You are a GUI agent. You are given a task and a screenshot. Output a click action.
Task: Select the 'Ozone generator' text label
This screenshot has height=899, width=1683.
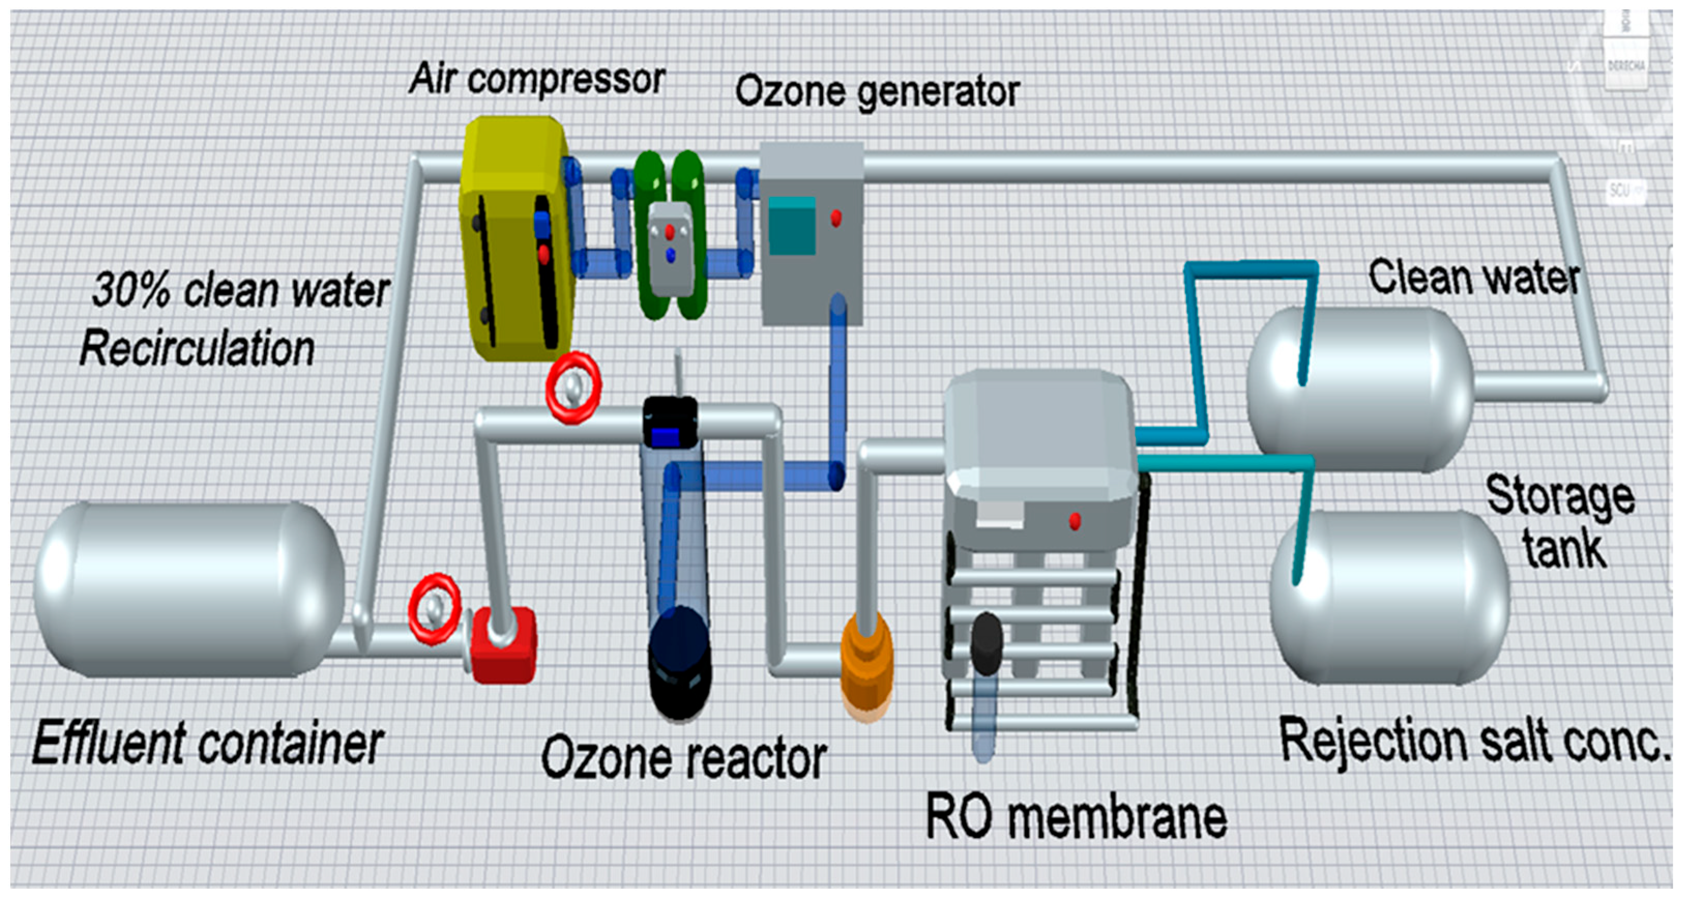(x=877, y=92)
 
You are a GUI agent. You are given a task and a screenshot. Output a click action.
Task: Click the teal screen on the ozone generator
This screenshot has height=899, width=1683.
(x=792, y=226)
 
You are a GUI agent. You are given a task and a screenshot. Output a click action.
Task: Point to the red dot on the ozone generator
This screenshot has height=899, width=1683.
(x=836, y=217)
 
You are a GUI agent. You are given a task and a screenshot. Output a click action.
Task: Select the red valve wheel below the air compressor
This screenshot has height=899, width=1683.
(x=573, y=389)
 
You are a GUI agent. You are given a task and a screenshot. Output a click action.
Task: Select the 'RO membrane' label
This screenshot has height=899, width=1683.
(x=1076, y=817)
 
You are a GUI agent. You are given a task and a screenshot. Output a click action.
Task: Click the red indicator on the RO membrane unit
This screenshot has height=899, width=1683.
(x=1075, y=521)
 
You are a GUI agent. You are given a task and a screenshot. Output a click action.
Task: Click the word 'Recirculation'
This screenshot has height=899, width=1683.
(x=197, y=348)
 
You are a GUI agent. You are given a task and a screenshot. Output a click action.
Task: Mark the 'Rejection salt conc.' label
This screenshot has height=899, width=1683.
(x=1474, y=742)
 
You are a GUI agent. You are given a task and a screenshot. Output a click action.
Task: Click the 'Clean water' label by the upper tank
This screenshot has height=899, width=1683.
(x=1474, y=278)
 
